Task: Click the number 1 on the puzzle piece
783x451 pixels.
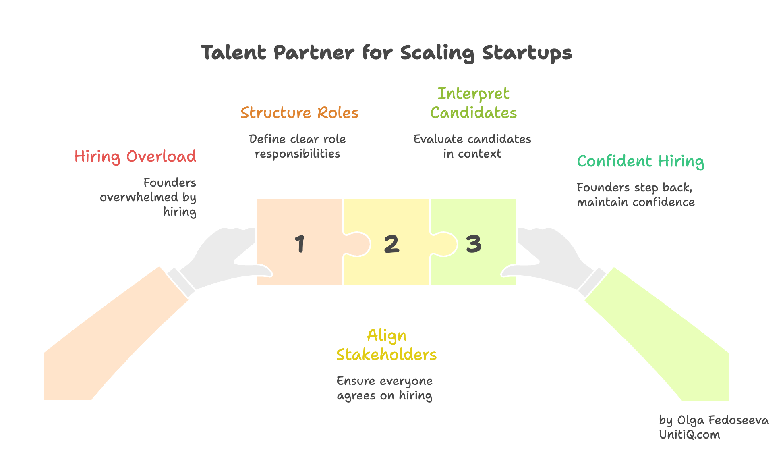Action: [x=300, y=244]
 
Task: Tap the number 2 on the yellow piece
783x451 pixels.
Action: [x=391, y=244]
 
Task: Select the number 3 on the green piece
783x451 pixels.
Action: [x=474, y=244]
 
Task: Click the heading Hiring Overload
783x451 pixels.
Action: [x=135, y=156]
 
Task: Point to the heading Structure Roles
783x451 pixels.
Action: [x=299, y=113]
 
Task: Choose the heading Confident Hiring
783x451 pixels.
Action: [x=640, y=161]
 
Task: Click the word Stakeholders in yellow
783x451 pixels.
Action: [x=386, y=355]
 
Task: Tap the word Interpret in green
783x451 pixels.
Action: [x=473, y=94]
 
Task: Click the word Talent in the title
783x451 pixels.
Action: [x=234, y=52]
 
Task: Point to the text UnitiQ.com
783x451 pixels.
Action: [x=689, y=434]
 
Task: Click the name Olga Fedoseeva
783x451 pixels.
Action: [x=723, y=420]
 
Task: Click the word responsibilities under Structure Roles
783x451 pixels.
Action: [x=297, y=154]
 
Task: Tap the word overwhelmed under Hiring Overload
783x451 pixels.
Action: [x=139, y=197]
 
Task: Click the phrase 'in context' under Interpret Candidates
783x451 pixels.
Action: [x=472, y=154]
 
